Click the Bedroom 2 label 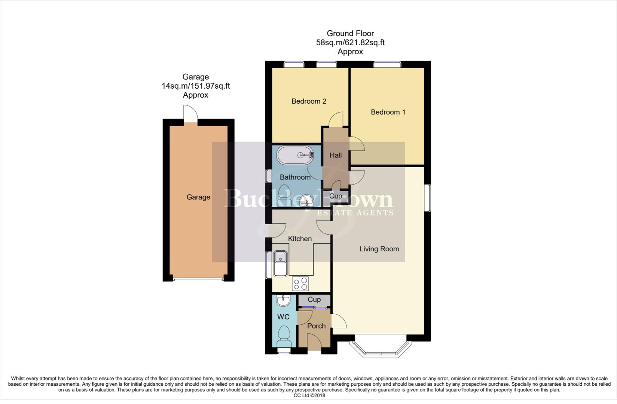point(309,101)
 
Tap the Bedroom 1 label point(388,112)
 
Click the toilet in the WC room point(285,336)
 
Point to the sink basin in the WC point(283,300)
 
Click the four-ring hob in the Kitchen point(300,284)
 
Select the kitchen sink point(280,263)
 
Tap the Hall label point(335,155)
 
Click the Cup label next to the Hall point(335,196)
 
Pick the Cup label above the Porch point(314,300)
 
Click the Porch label point(316,326)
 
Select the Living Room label point(379,249)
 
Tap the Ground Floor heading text point(350,34)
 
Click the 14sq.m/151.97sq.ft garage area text point(195,86)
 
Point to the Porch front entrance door point(314,343)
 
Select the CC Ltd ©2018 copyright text point(309,395)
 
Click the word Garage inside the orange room point(198,197)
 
